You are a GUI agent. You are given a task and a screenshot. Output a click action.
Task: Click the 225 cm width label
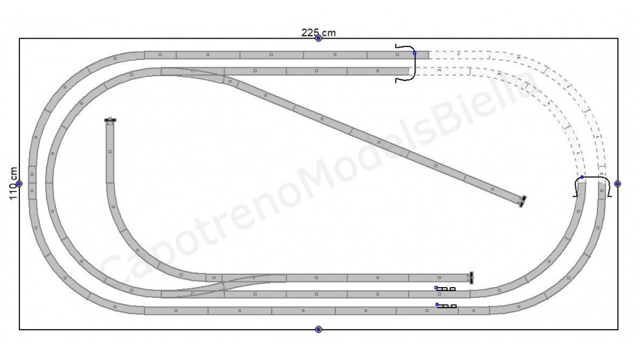[318, 33]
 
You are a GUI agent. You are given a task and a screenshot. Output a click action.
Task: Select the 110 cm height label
[14, 183]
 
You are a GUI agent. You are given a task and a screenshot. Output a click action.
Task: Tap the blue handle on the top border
[319, 38]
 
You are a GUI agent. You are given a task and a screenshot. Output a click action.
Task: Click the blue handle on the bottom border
[319, 330]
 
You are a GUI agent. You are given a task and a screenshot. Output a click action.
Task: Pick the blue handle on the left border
[19, 184]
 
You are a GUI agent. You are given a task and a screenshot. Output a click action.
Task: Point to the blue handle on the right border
[617, 184]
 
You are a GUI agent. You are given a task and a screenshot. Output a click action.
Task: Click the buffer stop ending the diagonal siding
[522, 202]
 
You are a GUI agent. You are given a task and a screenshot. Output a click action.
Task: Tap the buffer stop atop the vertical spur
[110, 120]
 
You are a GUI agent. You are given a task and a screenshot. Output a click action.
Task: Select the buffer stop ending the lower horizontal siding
[472, 277]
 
